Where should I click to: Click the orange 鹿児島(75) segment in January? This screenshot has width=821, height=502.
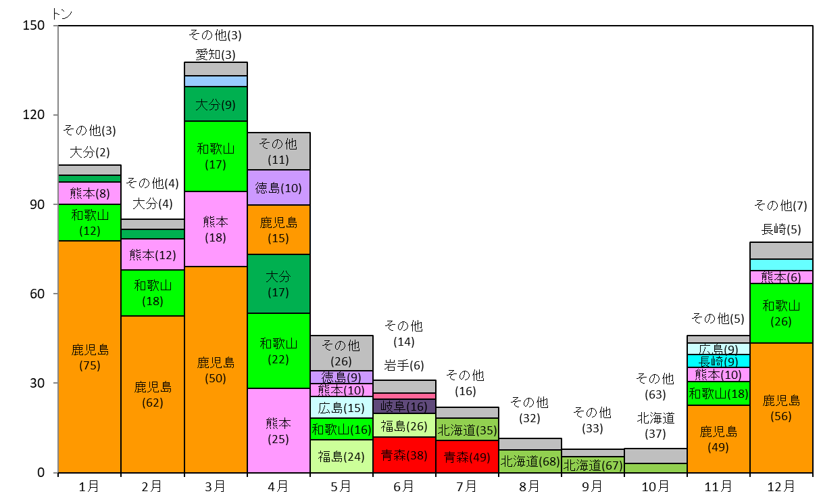[90, 357]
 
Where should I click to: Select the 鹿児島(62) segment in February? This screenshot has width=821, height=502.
[153, 394]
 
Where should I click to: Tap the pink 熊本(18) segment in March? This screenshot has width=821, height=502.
[216, 229]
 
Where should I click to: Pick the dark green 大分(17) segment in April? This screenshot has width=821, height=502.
[279, 283]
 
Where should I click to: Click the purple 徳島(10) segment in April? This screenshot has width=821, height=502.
[279, 187]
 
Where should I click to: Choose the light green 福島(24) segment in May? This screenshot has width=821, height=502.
[342, 456]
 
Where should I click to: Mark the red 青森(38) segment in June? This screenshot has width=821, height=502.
[404, 455]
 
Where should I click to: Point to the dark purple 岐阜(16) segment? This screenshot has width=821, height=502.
[404, 406]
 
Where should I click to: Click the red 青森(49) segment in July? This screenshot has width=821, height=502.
[468, 457]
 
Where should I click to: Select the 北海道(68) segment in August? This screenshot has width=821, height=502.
[530, 461]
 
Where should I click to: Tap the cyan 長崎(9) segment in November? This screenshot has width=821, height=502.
[718, 361]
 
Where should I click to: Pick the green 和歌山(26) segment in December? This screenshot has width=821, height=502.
[781, 313]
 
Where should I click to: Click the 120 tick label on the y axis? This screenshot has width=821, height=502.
[34, 114]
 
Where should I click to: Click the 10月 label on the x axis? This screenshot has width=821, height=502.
[655, 486]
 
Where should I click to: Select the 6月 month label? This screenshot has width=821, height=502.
[404, 486]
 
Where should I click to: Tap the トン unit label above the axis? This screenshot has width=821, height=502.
[61, 14]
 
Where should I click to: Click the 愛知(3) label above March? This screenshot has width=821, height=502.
[216, 55]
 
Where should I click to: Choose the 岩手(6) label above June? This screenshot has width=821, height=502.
[404, 365]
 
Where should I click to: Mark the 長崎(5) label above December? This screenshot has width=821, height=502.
[781, 229]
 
